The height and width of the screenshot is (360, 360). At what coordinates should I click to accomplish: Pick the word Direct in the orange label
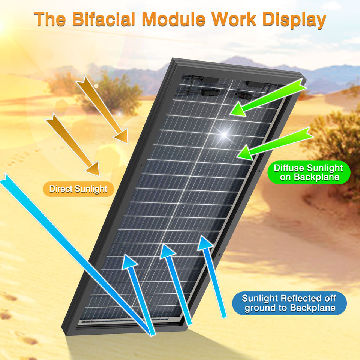click(61, 189)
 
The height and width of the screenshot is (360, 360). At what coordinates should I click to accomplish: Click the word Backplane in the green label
click(316, 177)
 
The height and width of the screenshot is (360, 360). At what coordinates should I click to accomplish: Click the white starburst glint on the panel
click(225, 132)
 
